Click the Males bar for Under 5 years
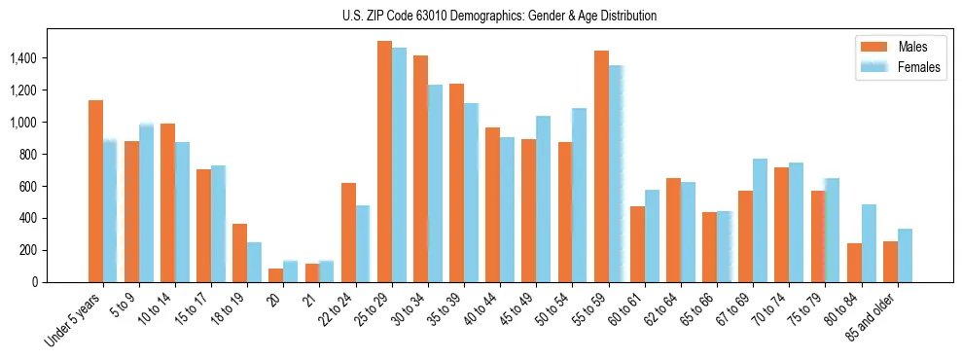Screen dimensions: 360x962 click(x=95, y=191)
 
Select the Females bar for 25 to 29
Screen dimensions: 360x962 click(x=399, y=164)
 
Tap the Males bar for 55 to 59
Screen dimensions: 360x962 click(x=601, y=165)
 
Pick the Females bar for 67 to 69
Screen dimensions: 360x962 click(x=760, y=220)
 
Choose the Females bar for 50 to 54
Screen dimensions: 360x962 click(x=580, y=195)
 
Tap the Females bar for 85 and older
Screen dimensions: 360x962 click(x=905, y=255)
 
